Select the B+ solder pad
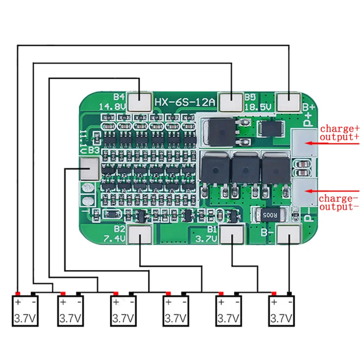(x=288, y=101)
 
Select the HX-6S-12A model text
(x=185, y=102)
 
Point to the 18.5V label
(x=259, y=107)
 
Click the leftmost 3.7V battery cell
(x=25, y=311)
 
